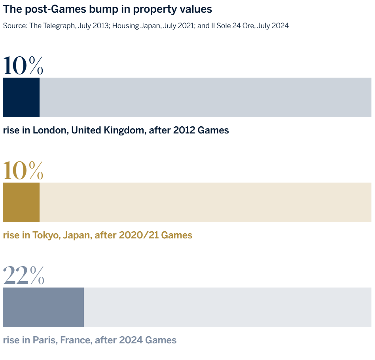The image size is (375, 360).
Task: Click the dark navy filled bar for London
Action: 21,97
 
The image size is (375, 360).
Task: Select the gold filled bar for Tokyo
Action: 21,202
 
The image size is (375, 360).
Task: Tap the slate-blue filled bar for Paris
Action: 43,307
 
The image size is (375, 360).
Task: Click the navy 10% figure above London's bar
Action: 23,66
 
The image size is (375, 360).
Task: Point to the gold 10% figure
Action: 23,171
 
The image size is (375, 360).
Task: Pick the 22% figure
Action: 23,276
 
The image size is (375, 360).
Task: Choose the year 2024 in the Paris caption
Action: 131,340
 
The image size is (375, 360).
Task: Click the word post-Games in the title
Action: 44,9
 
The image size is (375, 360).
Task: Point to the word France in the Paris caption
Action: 76,340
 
